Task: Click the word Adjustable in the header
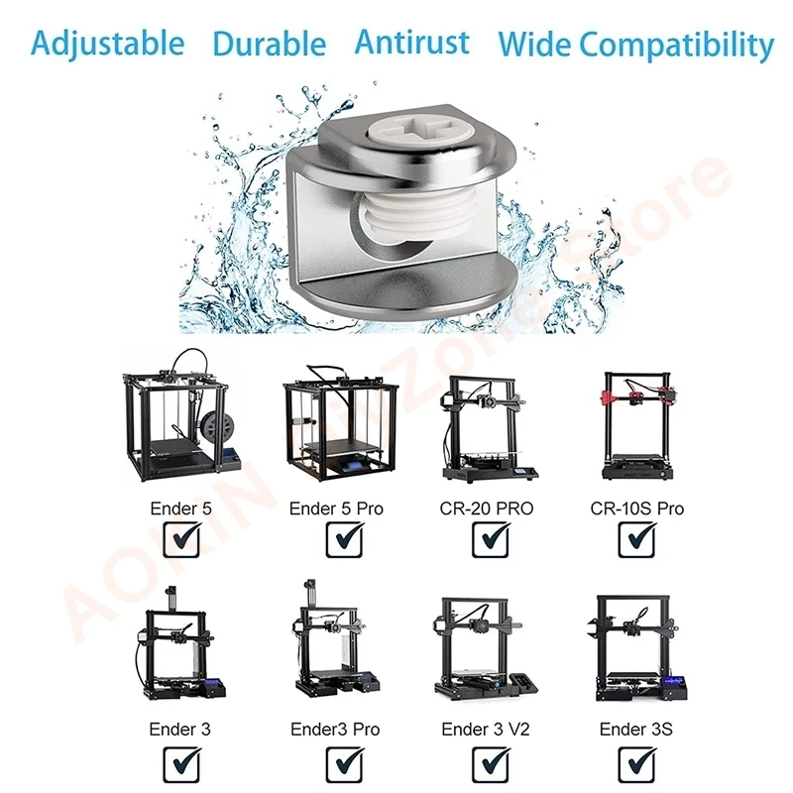(107, 44)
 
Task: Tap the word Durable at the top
(269, 44)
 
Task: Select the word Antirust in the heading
(411, 43)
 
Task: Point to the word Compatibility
(676, 45)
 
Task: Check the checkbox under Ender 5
(180, 539)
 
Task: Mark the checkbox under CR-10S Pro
(636, 539)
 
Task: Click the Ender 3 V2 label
(486, 730)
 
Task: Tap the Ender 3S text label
(636, 730)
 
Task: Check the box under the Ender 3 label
(180, 763)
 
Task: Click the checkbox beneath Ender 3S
(636, 763)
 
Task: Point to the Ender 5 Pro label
(336, 509)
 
